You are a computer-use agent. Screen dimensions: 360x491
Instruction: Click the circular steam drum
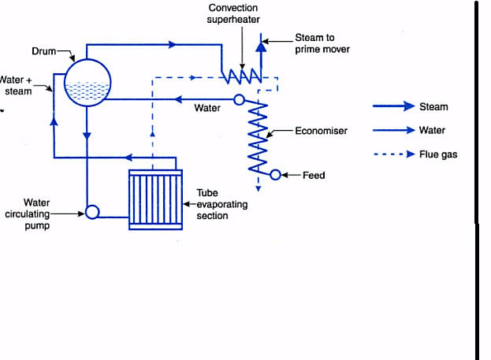click(x=87, y=81)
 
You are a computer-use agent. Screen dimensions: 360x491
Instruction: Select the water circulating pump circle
click(x=91, y=211)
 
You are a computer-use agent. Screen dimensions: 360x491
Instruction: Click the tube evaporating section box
click(x=155, y=201)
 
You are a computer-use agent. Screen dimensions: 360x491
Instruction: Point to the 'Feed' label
click(x=314, y=175)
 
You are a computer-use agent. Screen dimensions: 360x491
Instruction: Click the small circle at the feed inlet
click(x=275, y=175)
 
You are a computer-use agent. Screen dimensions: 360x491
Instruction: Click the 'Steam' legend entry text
click(x=433, y=106)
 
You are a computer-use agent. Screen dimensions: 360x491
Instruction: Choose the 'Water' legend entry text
click(x=433, y=131)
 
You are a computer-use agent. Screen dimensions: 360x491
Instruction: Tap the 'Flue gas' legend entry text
click(x=438, y=154)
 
